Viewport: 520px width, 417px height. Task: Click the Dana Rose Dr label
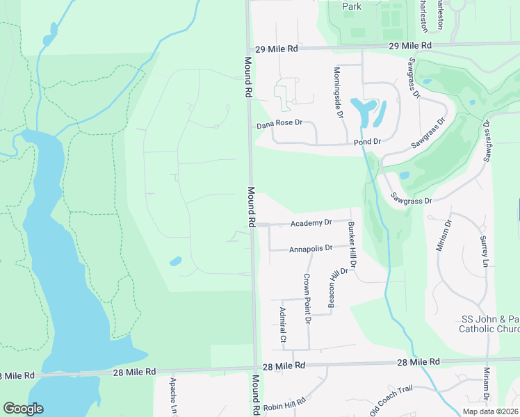point(279,123)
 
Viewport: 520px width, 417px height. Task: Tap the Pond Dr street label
point(368,141)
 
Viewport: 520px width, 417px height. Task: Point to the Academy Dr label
point(311,223)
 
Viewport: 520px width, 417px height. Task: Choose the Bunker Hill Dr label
point(352,245)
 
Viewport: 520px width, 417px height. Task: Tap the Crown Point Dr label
point(306,297)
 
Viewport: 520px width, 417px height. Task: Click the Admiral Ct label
point(282,325)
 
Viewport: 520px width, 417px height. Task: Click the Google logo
point(23,409)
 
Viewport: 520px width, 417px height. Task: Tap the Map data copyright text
point(490,411)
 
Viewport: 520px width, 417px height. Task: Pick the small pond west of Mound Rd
point(175,262)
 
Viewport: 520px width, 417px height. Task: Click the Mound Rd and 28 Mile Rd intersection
point(255,368)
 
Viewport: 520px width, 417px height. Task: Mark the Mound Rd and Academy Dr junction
point(253,224)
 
